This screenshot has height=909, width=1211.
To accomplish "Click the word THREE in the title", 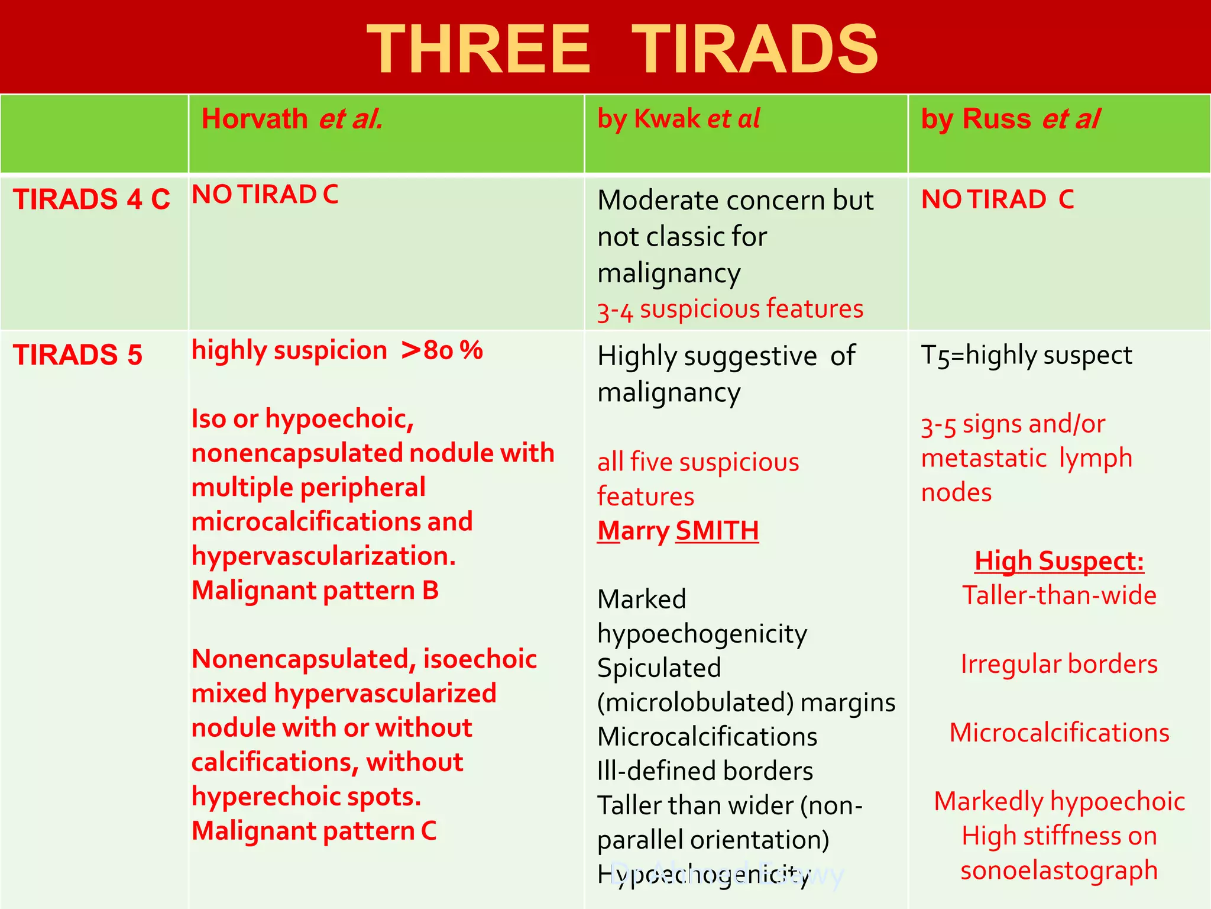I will pos(478,50).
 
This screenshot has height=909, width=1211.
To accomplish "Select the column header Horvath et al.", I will pos(292,119).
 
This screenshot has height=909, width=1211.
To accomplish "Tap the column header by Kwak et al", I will pos(678,119).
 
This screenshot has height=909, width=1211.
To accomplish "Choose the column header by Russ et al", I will pos(1010,119).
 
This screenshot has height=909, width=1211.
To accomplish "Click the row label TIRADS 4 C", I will pos(92,199).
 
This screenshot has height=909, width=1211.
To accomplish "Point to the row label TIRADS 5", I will pos(77,355).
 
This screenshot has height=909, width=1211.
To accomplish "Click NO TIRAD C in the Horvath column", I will pos(265,195).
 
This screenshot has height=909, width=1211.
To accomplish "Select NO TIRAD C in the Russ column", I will pos(997,199).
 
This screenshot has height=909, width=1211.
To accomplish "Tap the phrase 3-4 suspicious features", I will pos(730,310).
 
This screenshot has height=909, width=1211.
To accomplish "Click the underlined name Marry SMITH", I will pos(678,531).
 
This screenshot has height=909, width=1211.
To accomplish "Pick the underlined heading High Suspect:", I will pos(1059,561).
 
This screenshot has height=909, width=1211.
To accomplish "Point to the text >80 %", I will pos(442,350).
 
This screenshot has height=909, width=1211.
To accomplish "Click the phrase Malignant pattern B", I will pos(315,591).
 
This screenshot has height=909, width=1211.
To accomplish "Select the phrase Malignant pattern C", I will pos(314,831).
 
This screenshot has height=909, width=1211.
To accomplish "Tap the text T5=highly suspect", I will pos(1027,355).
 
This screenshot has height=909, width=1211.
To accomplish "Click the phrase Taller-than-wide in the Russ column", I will pos(1059,595).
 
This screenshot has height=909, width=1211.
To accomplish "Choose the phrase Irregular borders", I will pos(1059,664).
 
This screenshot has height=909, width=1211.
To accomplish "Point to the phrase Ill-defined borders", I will pos(705,771).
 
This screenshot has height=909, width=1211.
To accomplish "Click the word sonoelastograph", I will pos(1059,871).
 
